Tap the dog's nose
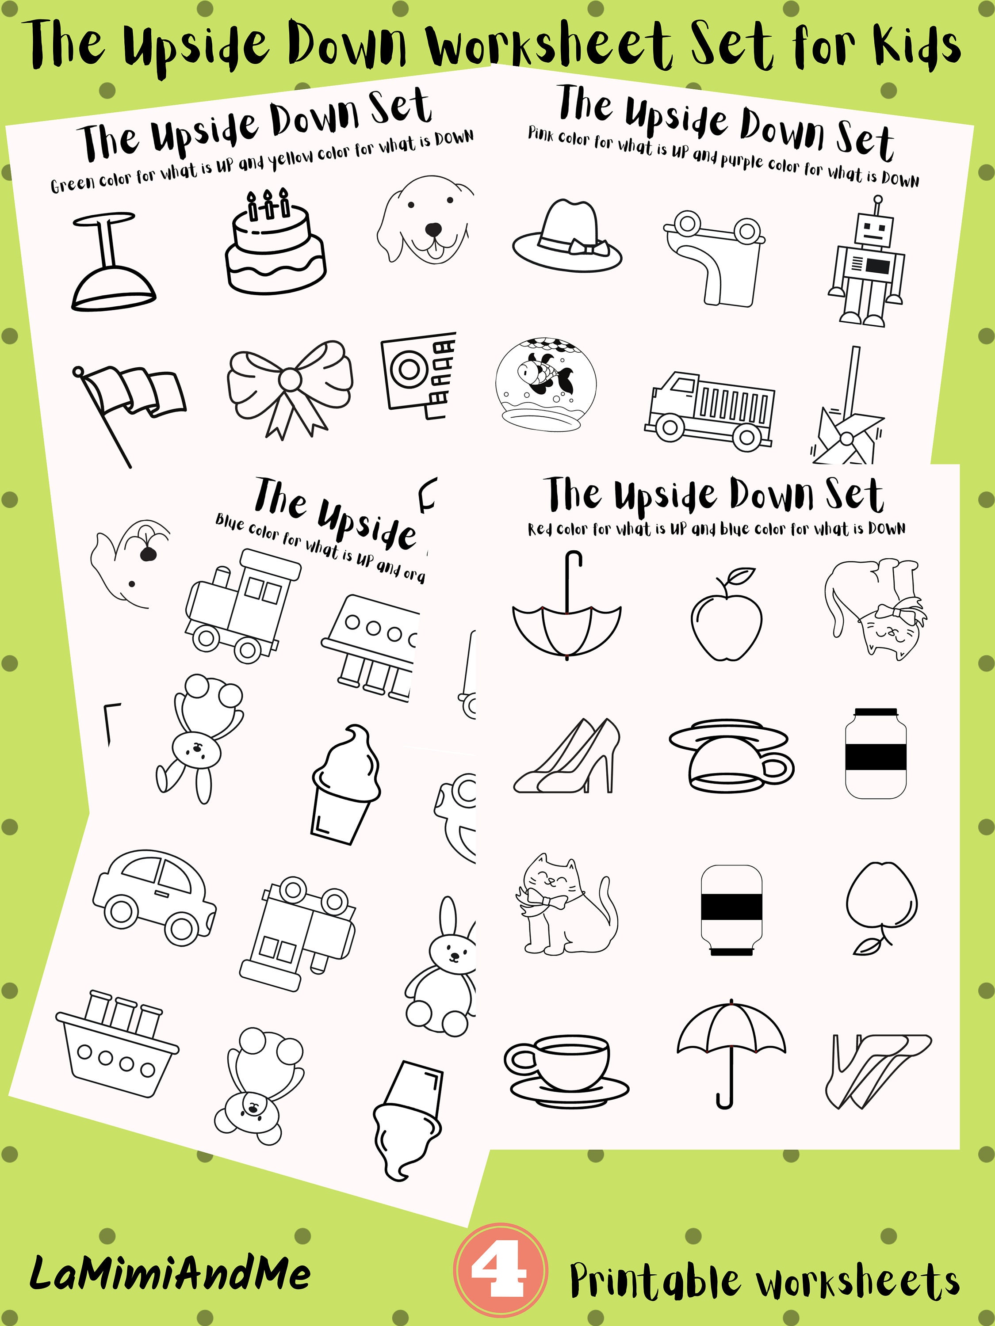(x=433, y=229)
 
